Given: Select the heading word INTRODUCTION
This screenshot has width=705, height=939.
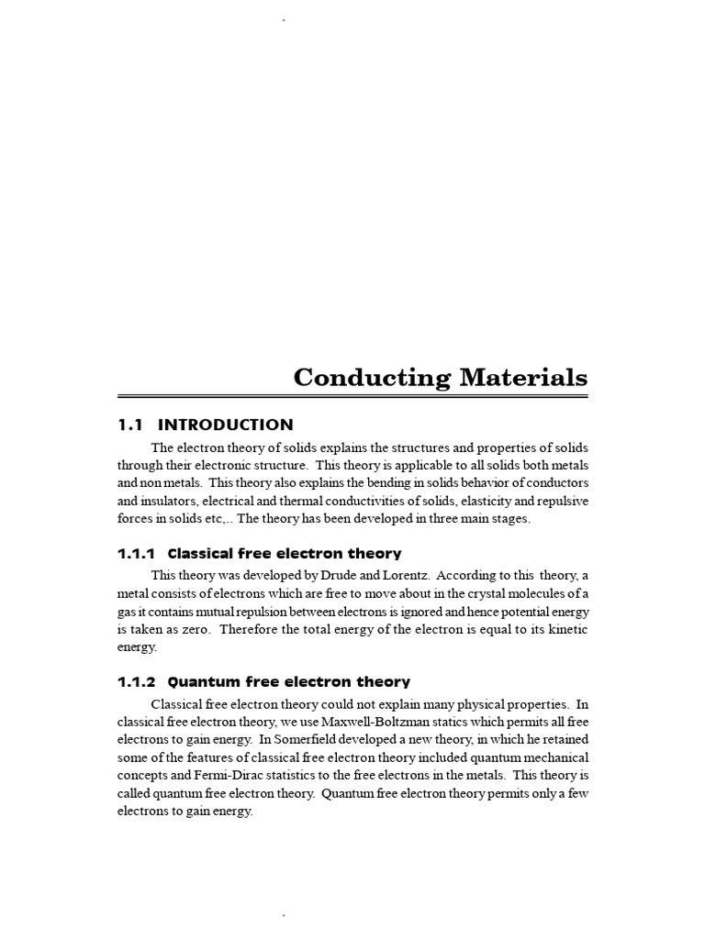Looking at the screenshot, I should (226, 425).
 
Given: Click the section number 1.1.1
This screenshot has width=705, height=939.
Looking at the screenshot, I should (138, 554).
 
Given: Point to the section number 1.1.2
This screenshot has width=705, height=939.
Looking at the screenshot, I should (138, 682).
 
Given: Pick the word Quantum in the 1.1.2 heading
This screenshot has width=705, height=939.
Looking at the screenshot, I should (200, 682).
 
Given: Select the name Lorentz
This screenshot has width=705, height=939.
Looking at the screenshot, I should (406, 576).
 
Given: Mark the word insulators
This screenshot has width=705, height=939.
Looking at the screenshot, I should (170, 501).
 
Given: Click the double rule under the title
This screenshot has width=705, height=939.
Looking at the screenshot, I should (352, 396).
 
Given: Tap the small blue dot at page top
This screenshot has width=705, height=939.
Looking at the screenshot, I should (284, 19).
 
